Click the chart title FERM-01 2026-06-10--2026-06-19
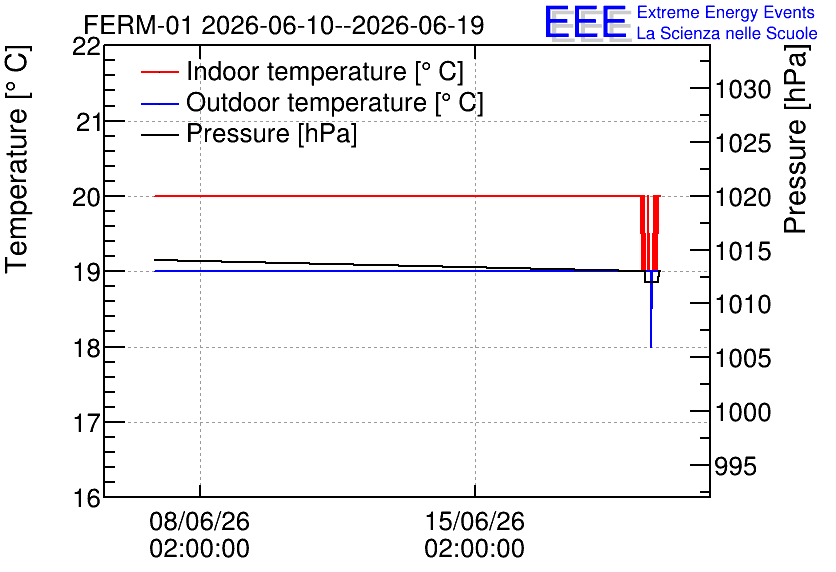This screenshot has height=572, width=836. [x=284, y=25]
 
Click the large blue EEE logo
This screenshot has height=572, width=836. [x=585, y=22]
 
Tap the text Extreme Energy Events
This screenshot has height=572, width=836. [x=726, y=12]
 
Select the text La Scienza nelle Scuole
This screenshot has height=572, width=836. [x=727, y=33]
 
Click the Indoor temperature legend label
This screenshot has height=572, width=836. [x=325, y=71]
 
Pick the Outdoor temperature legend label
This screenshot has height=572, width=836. [x=335, y=102]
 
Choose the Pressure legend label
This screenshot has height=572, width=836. [x=271, y=133]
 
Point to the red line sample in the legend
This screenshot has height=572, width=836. [x=159, y=72]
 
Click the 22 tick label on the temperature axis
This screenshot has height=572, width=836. [x=86, y=47]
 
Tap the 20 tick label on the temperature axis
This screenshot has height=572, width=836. [x=86, y=197]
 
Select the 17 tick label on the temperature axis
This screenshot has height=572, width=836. [x=86, y=423]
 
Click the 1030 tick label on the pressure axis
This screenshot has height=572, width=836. [x=743, y=90]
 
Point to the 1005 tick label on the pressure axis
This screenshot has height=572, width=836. [x=743, y=358]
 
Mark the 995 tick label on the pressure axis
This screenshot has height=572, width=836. [x=736, y=466]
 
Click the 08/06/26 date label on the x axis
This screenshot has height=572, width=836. [x=199, y=521]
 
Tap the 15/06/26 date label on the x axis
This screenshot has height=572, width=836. [x=475, y=521]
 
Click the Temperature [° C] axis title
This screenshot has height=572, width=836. [x=17, y=159]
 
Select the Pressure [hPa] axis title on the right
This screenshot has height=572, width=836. [x=795, y=139]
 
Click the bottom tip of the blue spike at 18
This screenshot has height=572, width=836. [x=651, y=347]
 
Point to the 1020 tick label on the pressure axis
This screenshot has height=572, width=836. [x=743, y=197]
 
